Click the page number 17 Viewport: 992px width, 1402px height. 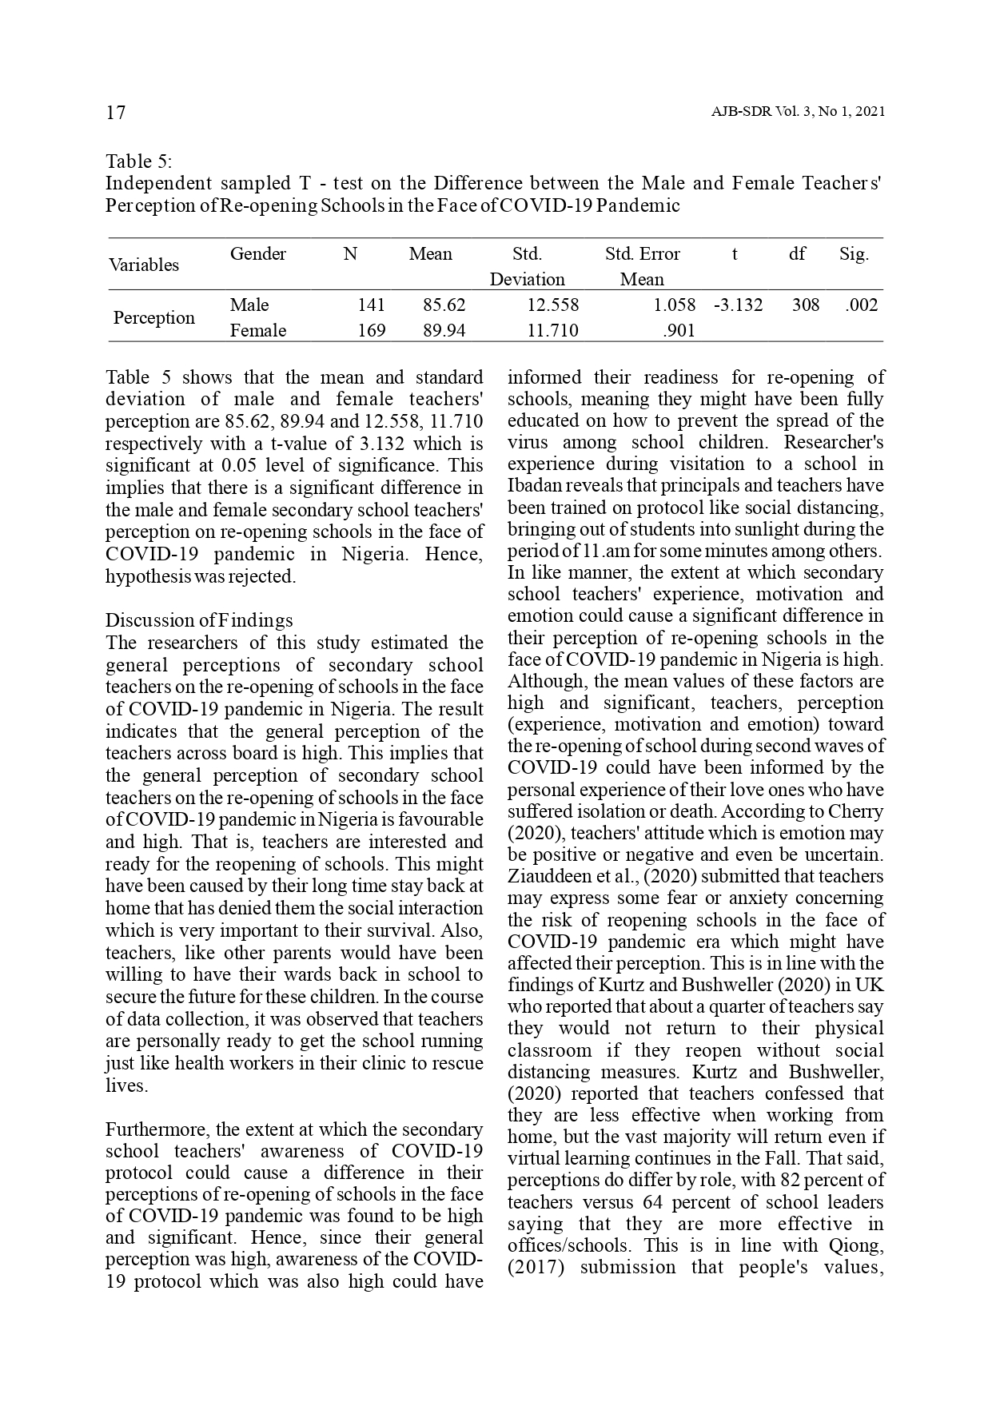point(116,112)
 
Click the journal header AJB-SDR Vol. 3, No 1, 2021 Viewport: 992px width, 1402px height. point(797,112)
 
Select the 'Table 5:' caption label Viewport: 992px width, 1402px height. point(139,161)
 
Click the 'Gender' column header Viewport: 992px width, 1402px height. point(257,254)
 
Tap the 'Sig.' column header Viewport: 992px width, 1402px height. point(854,254)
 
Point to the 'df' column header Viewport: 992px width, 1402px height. point(797,254)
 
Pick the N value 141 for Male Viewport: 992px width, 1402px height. point(371,305)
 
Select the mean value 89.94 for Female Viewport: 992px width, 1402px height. point(444,330)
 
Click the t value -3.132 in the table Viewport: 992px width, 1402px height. point(738,305)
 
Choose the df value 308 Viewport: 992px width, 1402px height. point(805,305)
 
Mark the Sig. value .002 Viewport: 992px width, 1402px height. point(861,305)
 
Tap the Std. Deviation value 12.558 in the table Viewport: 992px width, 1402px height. point(552,305)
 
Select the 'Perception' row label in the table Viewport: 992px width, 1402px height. point(153,317)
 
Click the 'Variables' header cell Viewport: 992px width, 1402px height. point(144,265)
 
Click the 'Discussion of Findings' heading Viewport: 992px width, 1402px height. point(199,620)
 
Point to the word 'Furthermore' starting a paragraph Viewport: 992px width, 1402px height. point(156,1129)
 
